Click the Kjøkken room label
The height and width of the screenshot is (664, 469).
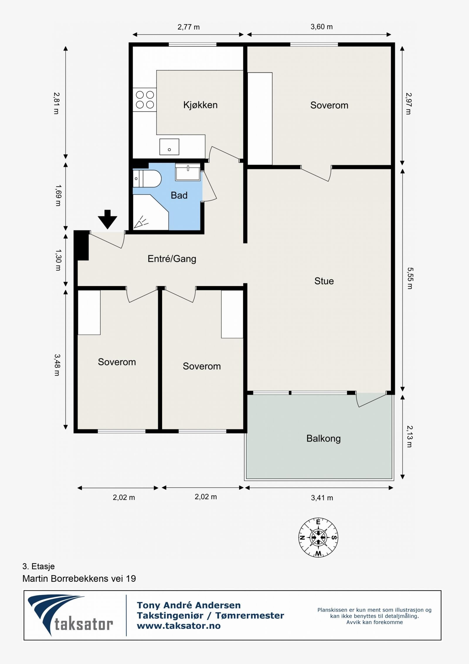(200, 105)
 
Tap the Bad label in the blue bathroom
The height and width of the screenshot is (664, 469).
(179, 195)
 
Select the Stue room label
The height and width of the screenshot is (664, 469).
(324, 281)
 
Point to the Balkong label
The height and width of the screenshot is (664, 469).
(324, 439)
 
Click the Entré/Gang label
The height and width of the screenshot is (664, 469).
(172, 259)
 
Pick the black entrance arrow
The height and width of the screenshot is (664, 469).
(108, 219)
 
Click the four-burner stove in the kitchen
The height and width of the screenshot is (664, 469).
(145, 100)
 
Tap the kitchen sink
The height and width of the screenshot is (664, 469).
(169, 147)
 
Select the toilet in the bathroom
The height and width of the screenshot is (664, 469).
(147, 178)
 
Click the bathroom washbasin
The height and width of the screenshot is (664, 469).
(188, 172)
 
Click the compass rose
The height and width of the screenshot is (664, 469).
(318, 538)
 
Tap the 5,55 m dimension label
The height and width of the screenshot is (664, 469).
(409, 278)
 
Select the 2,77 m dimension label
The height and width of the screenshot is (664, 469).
(188, 27)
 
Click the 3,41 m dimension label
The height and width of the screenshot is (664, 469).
(322, 498)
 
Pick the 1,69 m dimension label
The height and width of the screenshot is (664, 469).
(58, 195)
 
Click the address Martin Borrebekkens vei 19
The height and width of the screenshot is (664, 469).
(79, 579)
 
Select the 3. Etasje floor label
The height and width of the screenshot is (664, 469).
(38, 566)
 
